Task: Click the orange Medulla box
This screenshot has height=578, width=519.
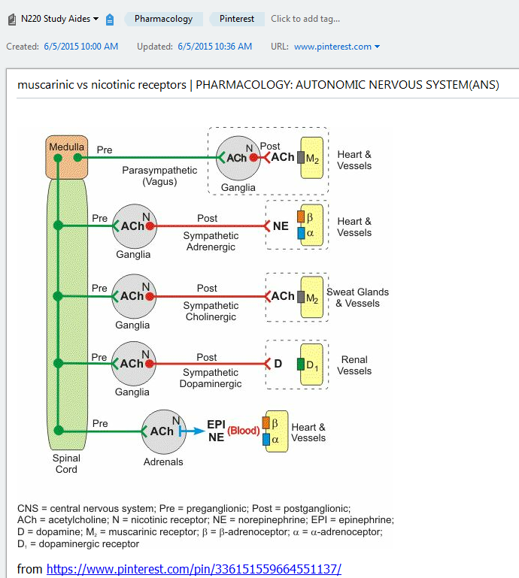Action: (x=68, y=157)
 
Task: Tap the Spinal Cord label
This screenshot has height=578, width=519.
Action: (x=66, y=464)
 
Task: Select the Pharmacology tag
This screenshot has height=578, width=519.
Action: (x=163, y=19)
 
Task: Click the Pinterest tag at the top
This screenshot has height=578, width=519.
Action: (x=236, y=19)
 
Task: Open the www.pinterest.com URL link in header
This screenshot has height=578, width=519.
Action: (x=332, y=47)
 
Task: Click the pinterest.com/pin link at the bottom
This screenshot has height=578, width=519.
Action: (x=193, y=569)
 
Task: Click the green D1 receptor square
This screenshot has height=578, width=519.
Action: (x=300, y=365)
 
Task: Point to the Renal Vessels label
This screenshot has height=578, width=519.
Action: (x=354, y=365)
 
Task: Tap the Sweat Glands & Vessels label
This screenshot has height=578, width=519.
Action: (x=357, y=298)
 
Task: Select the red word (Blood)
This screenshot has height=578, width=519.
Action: (x=243, y=431)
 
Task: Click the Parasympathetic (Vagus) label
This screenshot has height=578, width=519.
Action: (x=159, y=176)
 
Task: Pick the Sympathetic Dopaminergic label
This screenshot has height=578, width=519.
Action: (x=211, y=378)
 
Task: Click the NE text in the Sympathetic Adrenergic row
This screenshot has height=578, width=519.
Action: (x=281, y=225)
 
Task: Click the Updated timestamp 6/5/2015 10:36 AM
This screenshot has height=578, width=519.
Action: (x=214, y=47)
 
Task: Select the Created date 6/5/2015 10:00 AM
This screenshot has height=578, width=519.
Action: (x=80, y=47)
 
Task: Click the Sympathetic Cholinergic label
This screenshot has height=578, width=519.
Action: (x=211, y=311)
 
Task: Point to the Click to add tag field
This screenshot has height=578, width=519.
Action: (x=305, y=19)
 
